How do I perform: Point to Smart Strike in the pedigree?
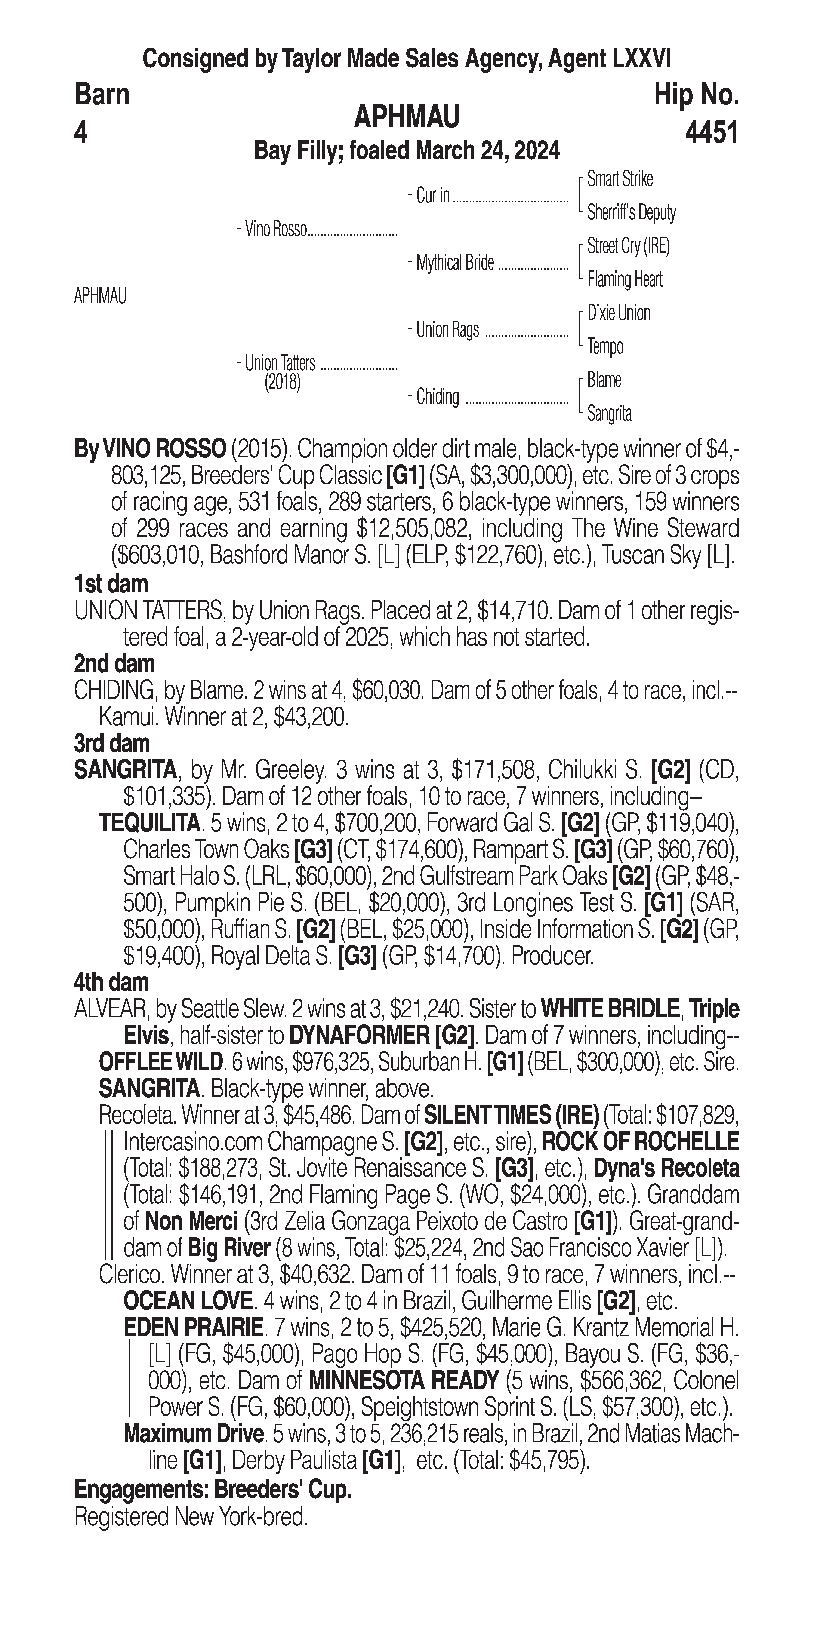[x=620, y=179]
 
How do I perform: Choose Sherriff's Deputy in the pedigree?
[x=631, y=213]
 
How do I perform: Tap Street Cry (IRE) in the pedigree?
[x=628, y=246]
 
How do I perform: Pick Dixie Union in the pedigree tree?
[x=618, y=313]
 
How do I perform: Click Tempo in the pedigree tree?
[x=605, y=346]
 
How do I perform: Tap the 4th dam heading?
[x=112, y=982]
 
